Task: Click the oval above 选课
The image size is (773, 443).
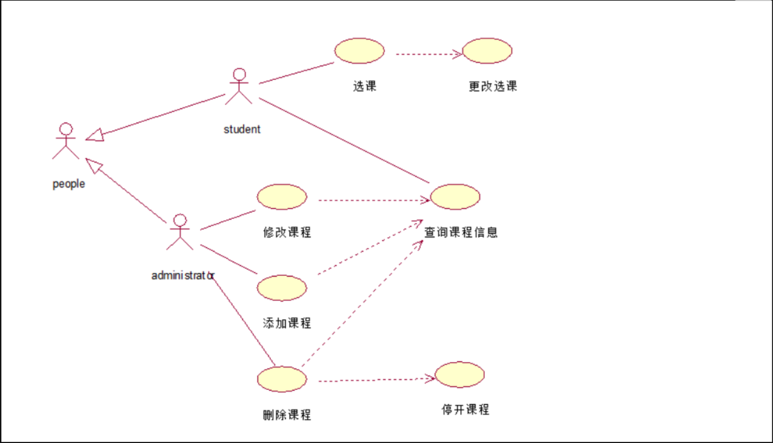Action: pyautogui.click(x=359, y=51)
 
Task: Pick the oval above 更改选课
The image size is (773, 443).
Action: pyautogui.click(x=487, y=51)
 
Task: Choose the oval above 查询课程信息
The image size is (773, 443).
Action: pyautogui.click(x=455, y=197)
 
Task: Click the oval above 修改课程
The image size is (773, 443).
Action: pyautogui.click(x=282, y=197)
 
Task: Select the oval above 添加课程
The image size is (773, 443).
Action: pyautogui.click(x=282, y=288)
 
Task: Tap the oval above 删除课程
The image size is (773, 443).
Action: pyautogui.click(x=282, y=379)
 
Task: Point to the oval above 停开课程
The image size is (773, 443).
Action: pyautogui.click(x=460, y=375)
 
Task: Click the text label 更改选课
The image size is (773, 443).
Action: pyautogui.click(x=493, y=87)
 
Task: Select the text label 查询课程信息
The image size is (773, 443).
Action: pyautogui.click(x=461, y=233)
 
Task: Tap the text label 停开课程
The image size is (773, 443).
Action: pyautogui.click(x=466, y=409)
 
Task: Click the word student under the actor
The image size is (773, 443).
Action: pyautogui.click(x=242, y=129)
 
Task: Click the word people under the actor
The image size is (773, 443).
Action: pyautogui.click(x=68, y=184)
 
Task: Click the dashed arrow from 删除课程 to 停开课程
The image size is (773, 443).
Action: pyautogui.click(x=374, y=380)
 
